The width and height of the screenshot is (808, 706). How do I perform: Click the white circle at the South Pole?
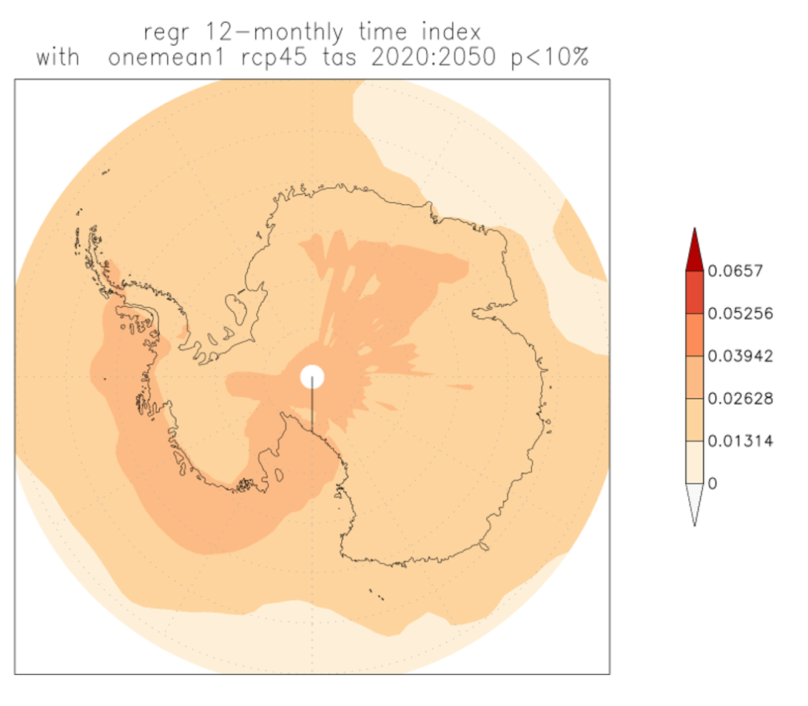pos(312,377)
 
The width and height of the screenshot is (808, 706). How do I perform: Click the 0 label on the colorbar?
pos(713,484)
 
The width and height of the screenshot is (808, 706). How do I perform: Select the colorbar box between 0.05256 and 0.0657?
pos(694,292)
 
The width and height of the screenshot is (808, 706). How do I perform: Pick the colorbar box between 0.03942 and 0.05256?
pos(694,335)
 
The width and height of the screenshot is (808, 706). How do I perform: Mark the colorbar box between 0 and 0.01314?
pos(694,463)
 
